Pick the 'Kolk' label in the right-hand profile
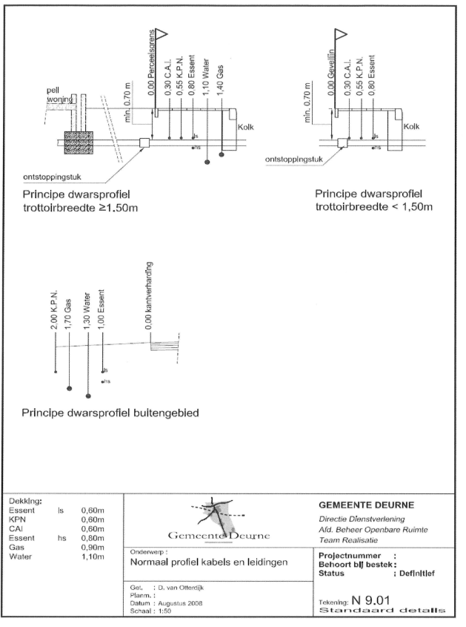[411, 125]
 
